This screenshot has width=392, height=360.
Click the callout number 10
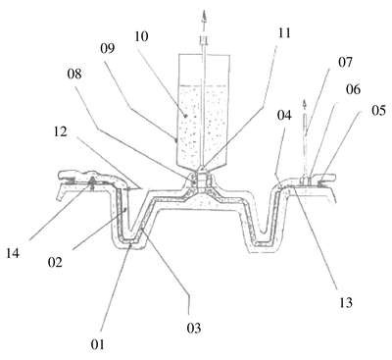[x=141, y=36]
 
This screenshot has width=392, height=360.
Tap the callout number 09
[x=108, y=48]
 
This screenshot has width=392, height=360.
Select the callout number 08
[x=74, y=74]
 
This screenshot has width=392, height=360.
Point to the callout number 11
[x=283, y=33]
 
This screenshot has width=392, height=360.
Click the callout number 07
[x=345, y=62]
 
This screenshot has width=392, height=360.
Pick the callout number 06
[x=353, y=89]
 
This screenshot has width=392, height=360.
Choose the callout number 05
[x=378, y=111]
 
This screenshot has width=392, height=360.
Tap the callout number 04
[x=284, y=115]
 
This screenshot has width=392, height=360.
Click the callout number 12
[x=60, y=131]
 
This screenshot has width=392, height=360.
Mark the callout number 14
[x=13, y=253]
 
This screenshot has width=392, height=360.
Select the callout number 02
[x=55, y=262]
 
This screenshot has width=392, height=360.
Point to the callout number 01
[x=97, y=344]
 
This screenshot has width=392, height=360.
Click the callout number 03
[x=194, y=328]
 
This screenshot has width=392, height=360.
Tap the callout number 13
[x=346, y=302]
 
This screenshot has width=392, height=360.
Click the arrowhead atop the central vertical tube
[x=204, y=16]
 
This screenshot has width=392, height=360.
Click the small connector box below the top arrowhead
[x=204, y=40]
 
